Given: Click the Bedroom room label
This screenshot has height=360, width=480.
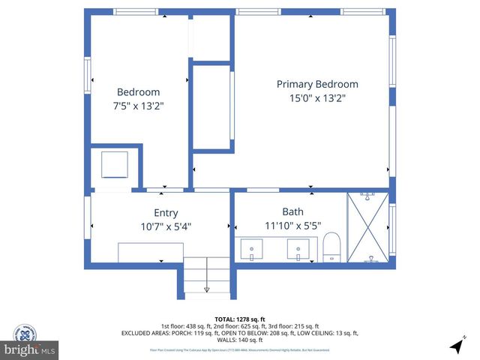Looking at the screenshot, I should (x=137, y=91).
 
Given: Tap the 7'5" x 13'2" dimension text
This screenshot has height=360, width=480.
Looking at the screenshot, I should (x=137, y=106).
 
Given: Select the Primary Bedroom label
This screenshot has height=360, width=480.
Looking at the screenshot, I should (x=317, y=84).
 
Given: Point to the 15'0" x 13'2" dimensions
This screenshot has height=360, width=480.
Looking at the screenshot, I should (x=317, y=98).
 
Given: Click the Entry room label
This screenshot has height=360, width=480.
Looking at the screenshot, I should (x=166, y=213).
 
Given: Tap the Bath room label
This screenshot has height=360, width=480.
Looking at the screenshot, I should (x=292, y=212).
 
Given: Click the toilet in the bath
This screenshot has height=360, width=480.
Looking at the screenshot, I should (x=331, y=247).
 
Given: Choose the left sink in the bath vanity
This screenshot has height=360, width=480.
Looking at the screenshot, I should (x=252, y=248).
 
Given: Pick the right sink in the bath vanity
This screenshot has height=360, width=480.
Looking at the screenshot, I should (x=298, y=248).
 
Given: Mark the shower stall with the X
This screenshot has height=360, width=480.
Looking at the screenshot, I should (x=367, y=228).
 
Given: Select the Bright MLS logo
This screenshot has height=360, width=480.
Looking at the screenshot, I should (x=30, y=349).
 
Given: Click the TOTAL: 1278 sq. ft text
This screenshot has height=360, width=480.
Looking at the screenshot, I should (x=240, y=319).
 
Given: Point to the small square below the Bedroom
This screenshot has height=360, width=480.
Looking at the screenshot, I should (x=115, y=164).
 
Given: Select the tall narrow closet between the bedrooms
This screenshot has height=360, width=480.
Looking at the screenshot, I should (x=211, y=107).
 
